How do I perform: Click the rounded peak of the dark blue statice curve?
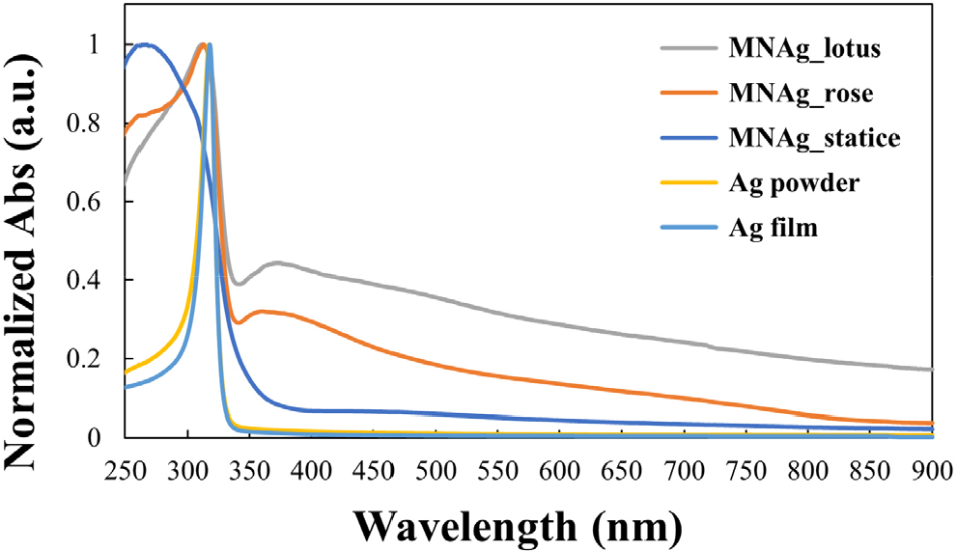(x=145, y=44)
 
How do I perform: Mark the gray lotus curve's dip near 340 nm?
(x=238, y=283)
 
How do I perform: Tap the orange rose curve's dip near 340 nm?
(x=238, y=322)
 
